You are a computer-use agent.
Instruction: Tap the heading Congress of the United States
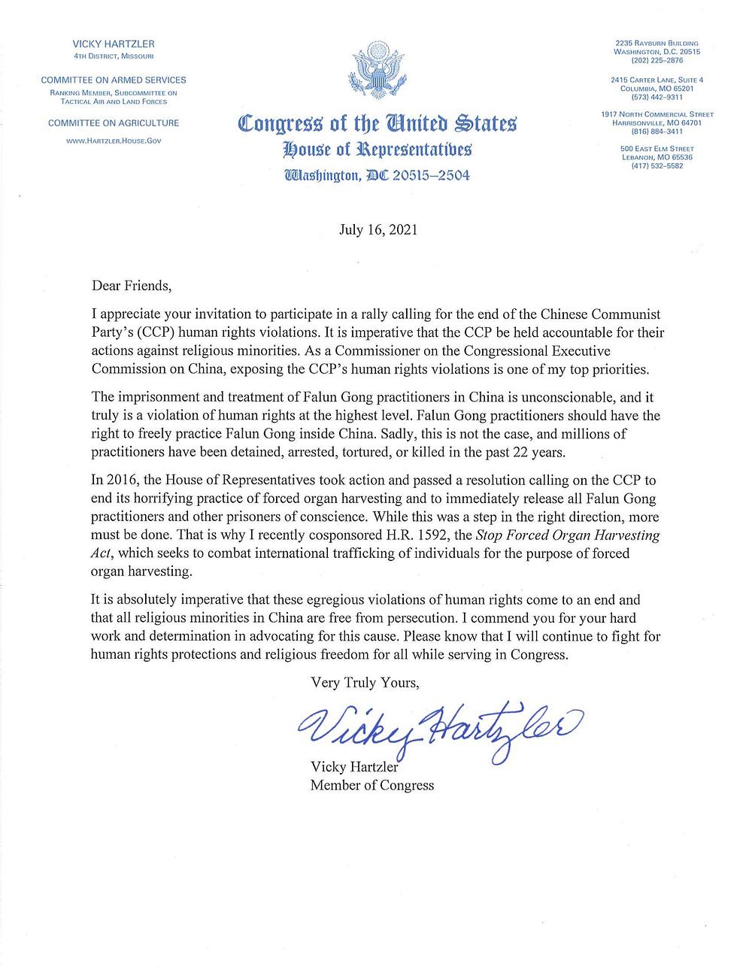click(377, 124)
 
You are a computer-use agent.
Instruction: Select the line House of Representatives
click(377, 150)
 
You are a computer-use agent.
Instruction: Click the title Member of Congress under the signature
click(372, 785)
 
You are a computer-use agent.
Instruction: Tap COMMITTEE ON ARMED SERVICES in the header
click(114, 80)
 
